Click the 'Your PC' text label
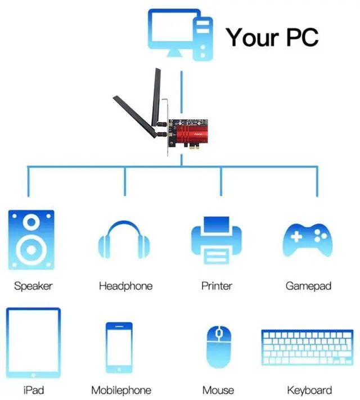click(272, 37)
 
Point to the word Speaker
click(33, 286)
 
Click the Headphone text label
click(125, 286)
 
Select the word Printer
click(217, 286)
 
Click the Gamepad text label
click(308, 286)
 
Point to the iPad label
click(33, 389)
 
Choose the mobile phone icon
click(120, 347)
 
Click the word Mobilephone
click(121, 390)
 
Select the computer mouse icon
click(218, 347)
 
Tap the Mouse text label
click(218, 390)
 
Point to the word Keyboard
click(309, 390)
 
